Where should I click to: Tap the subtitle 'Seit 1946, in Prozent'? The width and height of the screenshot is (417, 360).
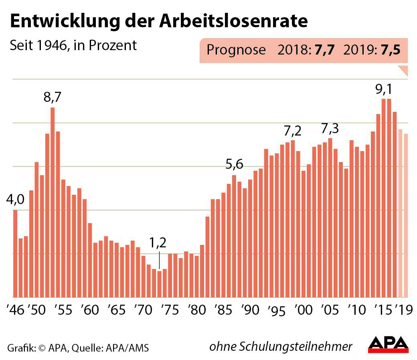coord(73,45)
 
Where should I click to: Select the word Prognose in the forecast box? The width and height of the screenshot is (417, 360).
coord(236,50)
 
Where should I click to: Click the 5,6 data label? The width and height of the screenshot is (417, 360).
coord(234,165)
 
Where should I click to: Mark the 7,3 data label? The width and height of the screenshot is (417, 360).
coord(330,129)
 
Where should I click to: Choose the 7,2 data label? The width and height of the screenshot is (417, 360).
coord(292,131)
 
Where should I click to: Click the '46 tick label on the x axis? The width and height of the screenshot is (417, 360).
coord(15,310)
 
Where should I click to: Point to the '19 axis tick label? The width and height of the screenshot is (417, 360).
coord(404,310)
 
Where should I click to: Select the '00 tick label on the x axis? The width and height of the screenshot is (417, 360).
coord(304,310)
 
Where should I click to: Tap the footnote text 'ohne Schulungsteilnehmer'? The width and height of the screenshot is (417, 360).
coord(281,346)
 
